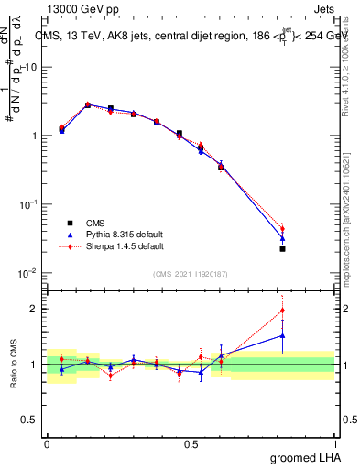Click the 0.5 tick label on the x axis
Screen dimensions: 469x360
coord(191,443)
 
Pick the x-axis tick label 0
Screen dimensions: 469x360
coord(47,443)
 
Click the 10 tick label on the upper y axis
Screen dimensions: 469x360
coord(32,67)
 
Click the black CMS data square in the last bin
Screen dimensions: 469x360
coord(282,248)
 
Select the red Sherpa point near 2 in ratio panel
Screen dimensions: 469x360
coord(282,311)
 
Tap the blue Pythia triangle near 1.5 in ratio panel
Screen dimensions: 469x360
coord(282,335)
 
